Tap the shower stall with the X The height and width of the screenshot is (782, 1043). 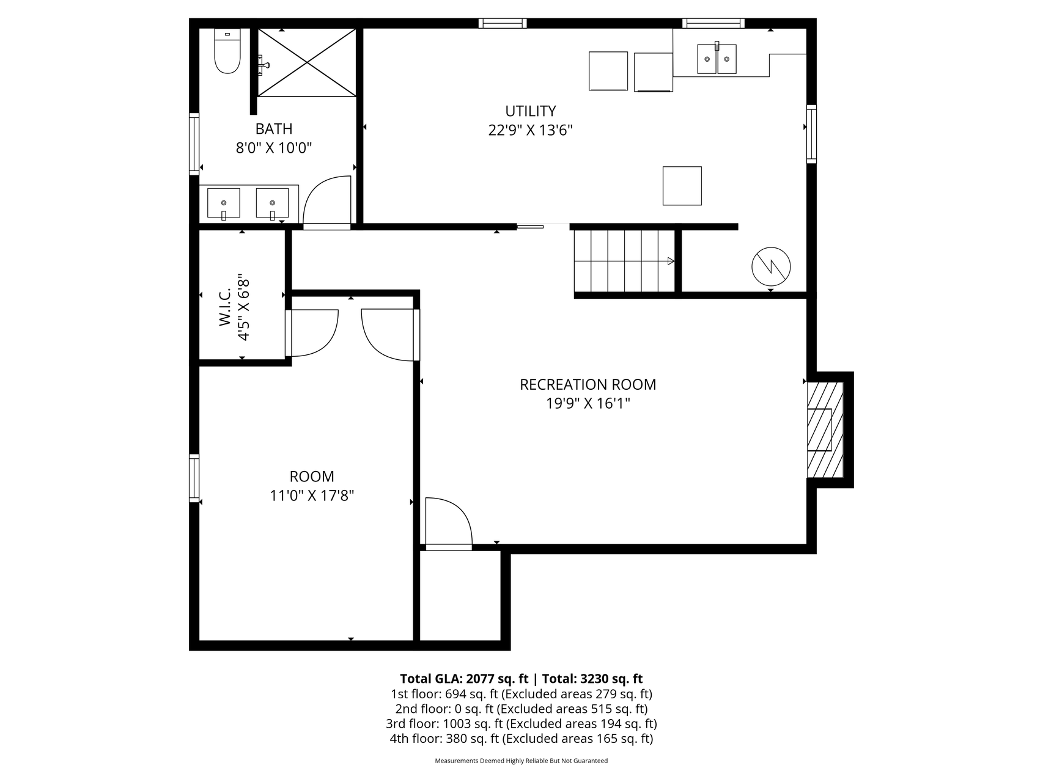click(x=306, y=62)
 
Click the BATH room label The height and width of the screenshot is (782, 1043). click(x=274, y=129)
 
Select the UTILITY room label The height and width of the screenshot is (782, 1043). click(x=531, y=111)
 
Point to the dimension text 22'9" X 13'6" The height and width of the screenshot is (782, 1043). click(x=531, y=130)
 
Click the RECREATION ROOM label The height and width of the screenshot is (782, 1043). click(x=588, y=384)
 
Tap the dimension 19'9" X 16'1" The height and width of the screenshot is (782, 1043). click(x=588, y=403)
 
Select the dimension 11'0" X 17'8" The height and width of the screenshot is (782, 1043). click(x=312, y=495)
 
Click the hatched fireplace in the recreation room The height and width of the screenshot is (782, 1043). click(x=825, y=429)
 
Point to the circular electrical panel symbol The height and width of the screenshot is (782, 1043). click(x=771, y=266)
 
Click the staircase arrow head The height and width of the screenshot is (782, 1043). click(x=671, y=261)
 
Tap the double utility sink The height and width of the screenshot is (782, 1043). click(x=717, y=59)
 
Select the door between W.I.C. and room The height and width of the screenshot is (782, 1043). click(x=312, y=333)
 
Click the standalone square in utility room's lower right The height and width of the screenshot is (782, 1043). click(x=682, y=186)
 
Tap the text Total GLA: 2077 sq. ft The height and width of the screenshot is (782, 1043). click(x=464, y=679)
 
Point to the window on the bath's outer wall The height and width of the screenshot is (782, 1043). click(x=194, y=144)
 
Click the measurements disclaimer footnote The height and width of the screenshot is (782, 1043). click(x=521, y=761)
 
